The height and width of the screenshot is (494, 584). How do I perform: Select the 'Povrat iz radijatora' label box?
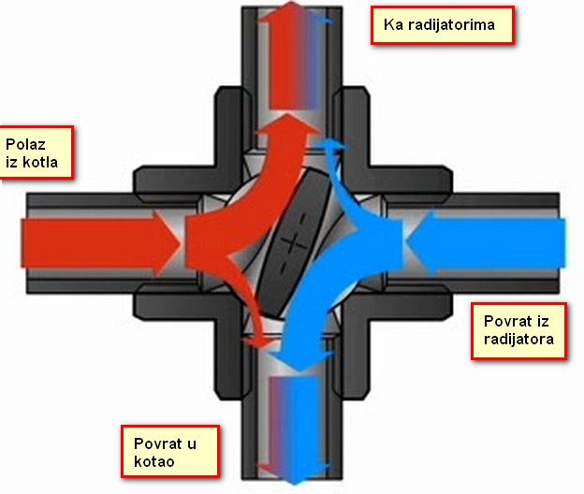(x=518, y=330)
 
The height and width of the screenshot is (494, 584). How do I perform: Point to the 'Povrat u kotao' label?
(x=170, y=451)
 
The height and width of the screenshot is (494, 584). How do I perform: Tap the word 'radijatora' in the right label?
(x=518, y=340)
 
